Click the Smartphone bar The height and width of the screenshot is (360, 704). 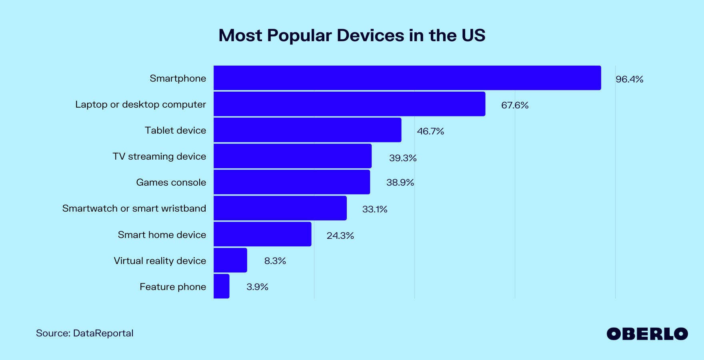coord(407,78)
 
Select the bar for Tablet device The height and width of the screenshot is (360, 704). coord(307,130)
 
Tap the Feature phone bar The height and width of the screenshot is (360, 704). coord(222,286)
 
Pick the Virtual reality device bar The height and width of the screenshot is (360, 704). coord(230,260)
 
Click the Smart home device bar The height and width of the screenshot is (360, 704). coord(262,234)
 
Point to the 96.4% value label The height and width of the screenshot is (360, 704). coord(629,79)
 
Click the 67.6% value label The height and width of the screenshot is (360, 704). coord(515,105)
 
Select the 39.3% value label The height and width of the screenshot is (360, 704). coord(403,158)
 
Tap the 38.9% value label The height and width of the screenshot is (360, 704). coord(400,182)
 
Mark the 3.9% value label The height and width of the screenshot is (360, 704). coord(257,287)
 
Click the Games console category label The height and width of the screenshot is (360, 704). coord(171,182)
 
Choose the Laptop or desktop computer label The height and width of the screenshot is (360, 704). coord(140,104)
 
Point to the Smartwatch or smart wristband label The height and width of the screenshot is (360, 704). coord(134,208)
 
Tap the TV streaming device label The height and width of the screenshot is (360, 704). coord(159,156)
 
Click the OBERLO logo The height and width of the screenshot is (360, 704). coord(647,334)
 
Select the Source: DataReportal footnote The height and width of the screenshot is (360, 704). coord(85,333)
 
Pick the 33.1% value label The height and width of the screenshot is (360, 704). coord(375,209)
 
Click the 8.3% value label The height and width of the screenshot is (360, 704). coord(275,261)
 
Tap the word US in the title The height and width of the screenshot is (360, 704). coord(474,35)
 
